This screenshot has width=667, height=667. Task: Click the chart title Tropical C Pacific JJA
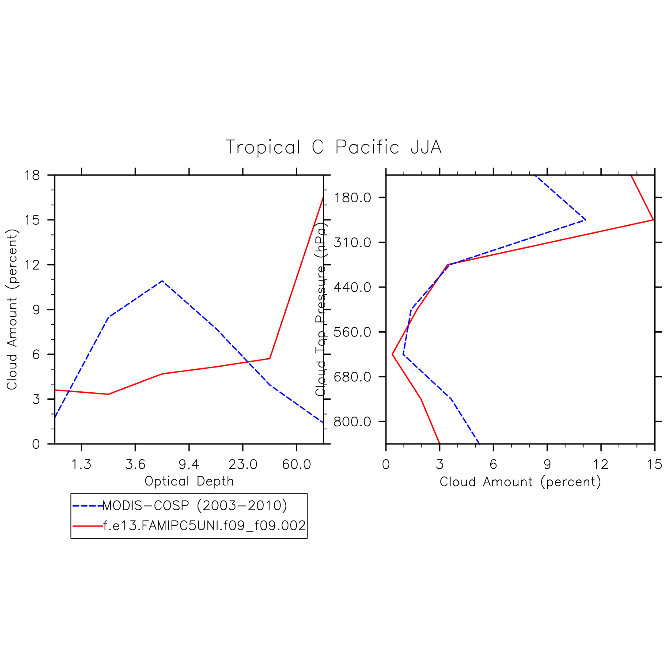[333, 147]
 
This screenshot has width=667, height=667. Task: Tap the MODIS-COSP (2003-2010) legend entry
[194, 505]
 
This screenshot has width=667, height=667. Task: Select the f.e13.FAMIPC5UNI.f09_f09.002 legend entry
[204, 526]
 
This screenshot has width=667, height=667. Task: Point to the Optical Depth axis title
[189, 481]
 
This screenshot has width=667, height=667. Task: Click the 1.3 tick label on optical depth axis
[82, 464]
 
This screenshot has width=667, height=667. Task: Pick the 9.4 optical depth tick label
[189, 464]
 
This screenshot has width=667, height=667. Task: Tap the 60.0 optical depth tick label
[296, 464]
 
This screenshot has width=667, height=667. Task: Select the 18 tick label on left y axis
[32, 175]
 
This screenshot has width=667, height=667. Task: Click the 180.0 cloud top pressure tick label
[352, 197]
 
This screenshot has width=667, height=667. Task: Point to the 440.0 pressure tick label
[352, 287]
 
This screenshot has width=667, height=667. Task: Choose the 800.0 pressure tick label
[352, 421]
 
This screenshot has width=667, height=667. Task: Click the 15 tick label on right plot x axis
[655, 464]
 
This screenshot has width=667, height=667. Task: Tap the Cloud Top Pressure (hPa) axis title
[321, 309]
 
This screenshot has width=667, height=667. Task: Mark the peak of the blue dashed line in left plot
[163, 280]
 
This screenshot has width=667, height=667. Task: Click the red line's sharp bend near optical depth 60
[269, 358]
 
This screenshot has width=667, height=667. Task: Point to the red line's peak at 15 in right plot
[653, 220]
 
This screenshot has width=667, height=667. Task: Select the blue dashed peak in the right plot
[585, 220]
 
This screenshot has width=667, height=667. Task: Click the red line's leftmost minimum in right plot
[392, 354]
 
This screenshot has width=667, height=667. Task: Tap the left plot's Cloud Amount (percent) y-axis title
[12, 309]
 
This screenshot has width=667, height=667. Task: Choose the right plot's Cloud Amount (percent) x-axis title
[520, 481]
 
